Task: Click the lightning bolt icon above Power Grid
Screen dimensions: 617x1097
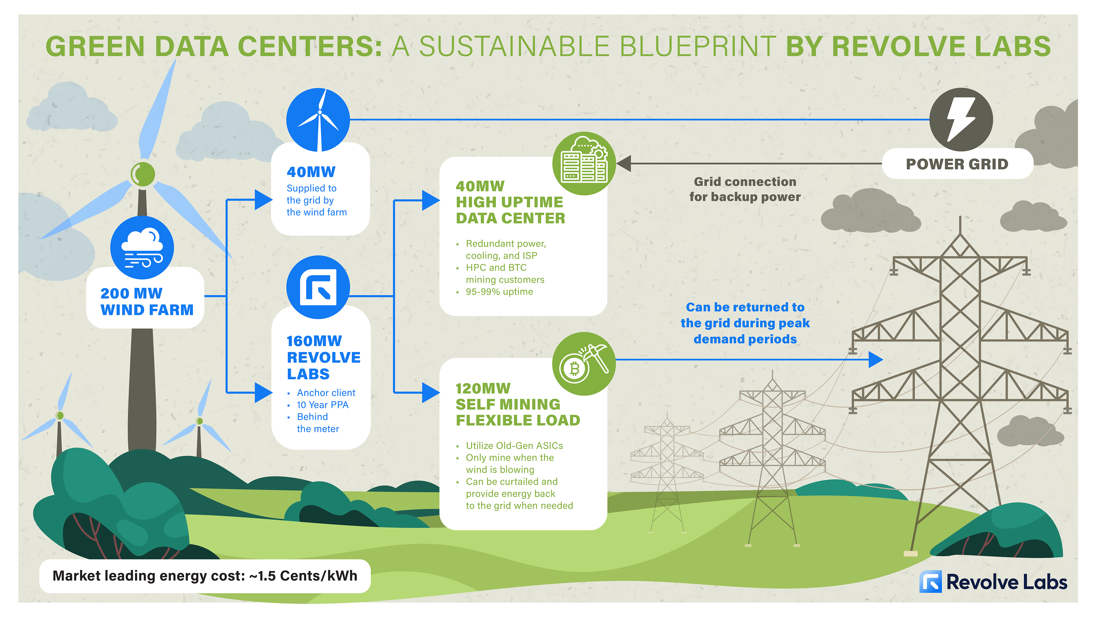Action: click(961, 119)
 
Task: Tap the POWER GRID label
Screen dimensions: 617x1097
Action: click(957, 164)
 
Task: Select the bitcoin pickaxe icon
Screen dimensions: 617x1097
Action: click(584, 364)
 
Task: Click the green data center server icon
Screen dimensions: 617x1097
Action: click(584, 163)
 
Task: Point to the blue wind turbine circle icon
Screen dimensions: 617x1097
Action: click(318, 120)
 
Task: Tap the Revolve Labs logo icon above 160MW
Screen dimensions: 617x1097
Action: click(318, 287)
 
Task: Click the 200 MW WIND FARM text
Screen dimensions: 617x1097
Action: click(147, 301)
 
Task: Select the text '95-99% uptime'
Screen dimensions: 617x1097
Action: click(499, 292)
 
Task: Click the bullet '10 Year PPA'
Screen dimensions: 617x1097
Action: click(322, 404)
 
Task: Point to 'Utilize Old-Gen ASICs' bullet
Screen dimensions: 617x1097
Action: click(514, 445)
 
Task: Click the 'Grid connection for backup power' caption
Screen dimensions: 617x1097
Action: click(745, 189)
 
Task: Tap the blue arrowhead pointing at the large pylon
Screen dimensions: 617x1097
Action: click(875, 359)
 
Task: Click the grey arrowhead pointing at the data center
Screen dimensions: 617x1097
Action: click(624, 163)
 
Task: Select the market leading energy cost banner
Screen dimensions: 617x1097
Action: click(205, 576)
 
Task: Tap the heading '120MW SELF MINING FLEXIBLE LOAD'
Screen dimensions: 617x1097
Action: click(517, 404)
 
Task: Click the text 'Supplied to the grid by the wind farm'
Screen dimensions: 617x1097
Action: click(317, 200)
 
